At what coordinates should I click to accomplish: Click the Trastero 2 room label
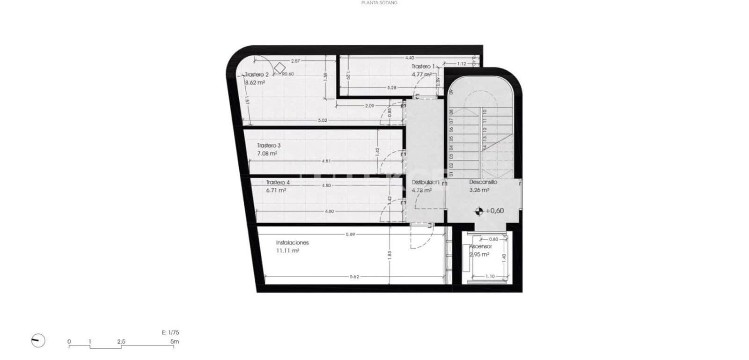[x=257, y=74]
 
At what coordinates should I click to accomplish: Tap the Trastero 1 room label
[x=423, y=66]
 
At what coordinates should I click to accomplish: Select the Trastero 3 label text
[x=269, y=146]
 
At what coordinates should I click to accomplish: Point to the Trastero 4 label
[x=278, y=183]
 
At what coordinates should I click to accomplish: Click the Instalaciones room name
[x=292, y=242]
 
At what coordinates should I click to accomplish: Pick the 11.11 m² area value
[x=287, y=251]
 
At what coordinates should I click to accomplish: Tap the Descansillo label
[x=483, y=182]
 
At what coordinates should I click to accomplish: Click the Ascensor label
[x=481, y=246]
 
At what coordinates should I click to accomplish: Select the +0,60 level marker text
[x=495, y=211]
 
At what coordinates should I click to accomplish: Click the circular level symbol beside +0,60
[x=478, y=211]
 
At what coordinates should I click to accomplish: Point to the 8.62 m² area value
[x=255, y=82]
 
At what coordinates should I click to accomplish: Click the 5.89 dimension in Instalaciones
[x=350, y=234]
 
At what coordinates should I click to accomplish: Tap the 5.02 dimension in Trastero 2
[x=322, y=120]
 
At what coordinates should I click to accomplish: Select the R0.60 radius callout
[x=287, y=74]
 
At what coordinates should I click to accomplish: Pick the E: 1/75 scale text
[x=170, y=333]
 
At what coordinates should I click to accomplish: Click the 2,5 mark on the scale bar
[x=121, y=342]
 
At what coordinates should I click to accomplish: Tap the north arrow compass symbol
[x=38, y=341]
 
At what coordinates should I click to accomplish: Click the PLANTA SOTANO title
[x=380, y=3]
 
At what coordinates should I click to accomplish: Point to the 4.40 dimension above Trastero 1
[x=410, y=58]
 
